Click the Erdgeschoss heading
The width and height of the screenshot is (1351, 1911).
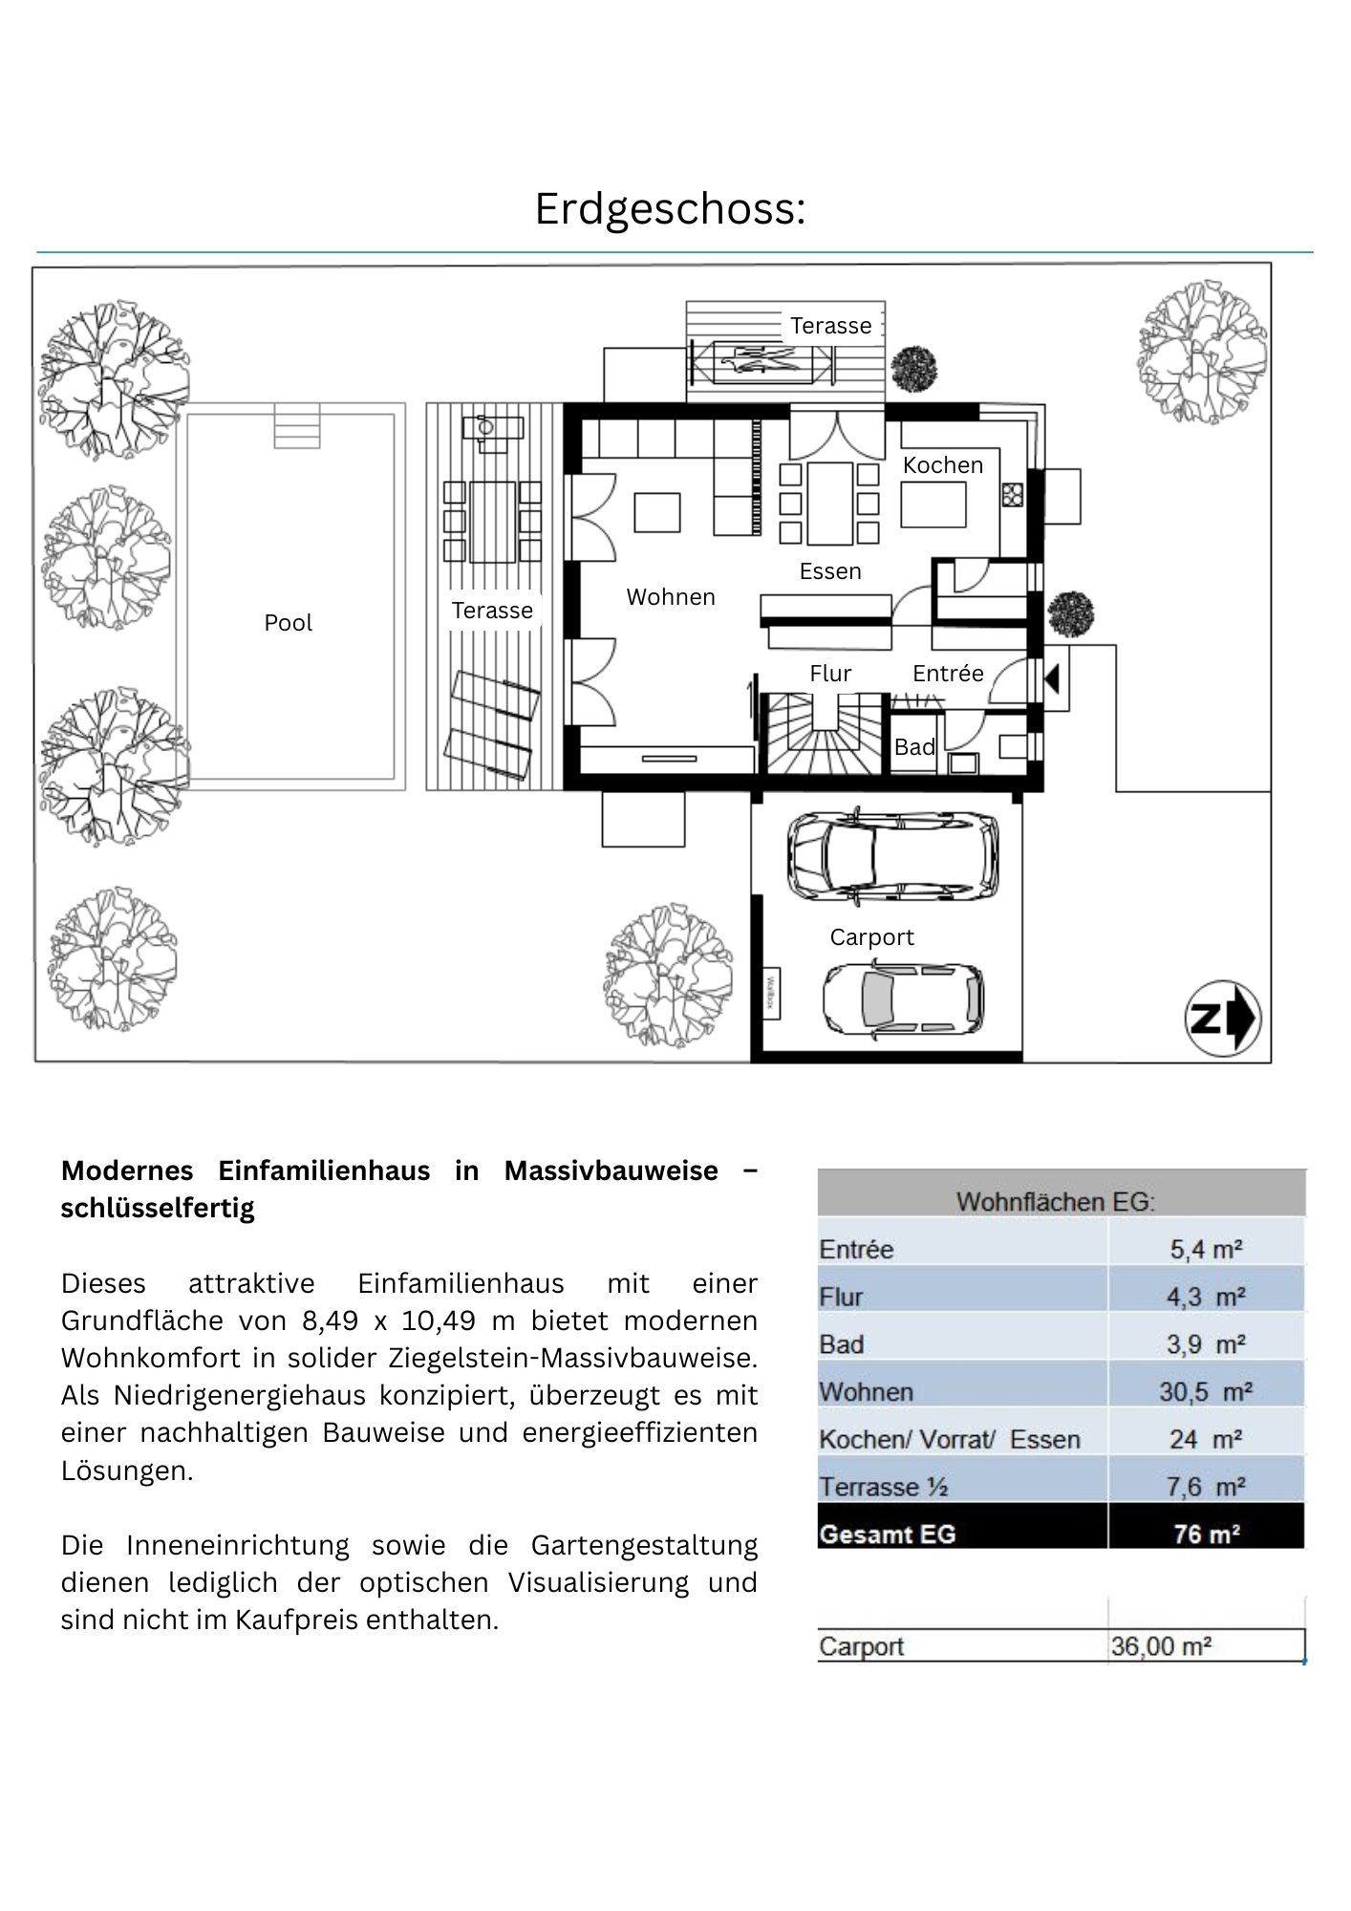point(670,208)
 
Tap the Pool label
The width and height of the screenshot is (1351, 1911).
point(288,623)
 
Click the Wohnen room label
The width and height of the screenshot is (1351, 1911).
point(671,597)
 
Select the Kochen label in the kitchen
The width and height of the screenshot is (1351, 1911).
point(942,465)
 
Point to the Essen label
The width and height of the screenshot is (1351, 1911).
point(830,571)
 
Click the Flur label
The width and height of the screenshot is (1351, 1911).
point(830,674)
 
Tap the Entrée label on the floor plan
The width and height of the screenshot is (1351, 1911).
point(948,674)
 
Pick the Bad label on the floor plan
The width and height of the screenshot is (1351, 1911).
point(913,747)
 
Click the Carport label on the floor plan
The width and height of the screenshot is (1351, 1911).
point(871,937)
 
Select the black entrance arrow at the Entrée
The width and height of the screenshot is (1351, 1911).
point(1052,679)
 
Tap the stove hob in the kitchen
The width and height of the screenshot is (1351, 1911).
point(1013,495)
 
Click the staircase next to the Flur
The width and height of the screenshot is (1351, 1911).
point(824,734)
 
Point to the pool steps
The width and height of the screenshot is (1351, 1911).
point(296,426)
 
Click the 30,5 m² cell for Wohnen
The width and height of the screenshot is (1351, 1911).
point(1206,1392)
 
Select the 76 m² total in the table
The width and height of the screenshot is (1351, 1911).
point(1206,1535)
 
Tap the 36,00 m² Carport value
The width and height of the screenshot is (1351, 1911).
point(1161,1646)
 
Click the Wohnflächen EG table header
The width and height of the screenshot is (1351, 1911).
point(1056,1201)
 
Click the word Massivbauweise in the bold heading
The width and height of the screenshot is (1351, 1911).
point(611,1170)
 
